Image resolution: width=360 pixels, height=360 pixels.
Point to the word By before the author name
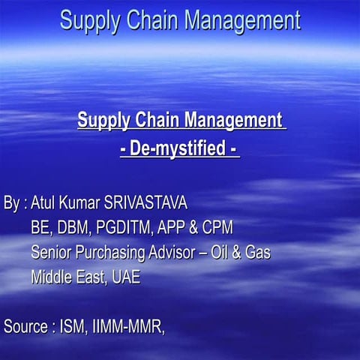(x=12, y=203)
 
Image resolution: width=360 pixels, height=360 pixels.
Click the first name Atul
(x=45, y=203)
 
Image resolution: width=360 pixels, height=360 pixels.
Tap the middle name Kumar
(x=85, y=203)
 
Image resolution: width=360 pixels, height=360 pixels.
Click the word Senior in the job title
(x=54, y=252)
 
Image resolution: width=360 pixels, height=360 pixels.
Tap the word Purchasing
(x=116, y=252)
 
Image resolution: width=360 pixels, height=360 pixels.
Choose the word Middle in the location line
(x=53, y=277)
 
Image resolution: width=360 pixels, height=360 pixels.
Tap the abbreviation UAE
(x=125, y=277)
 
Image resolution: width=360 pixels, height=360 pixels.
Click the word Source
(x=25, y=326)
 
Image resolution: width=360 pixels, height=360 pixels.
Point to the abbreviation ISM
(x=73, y=326)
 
